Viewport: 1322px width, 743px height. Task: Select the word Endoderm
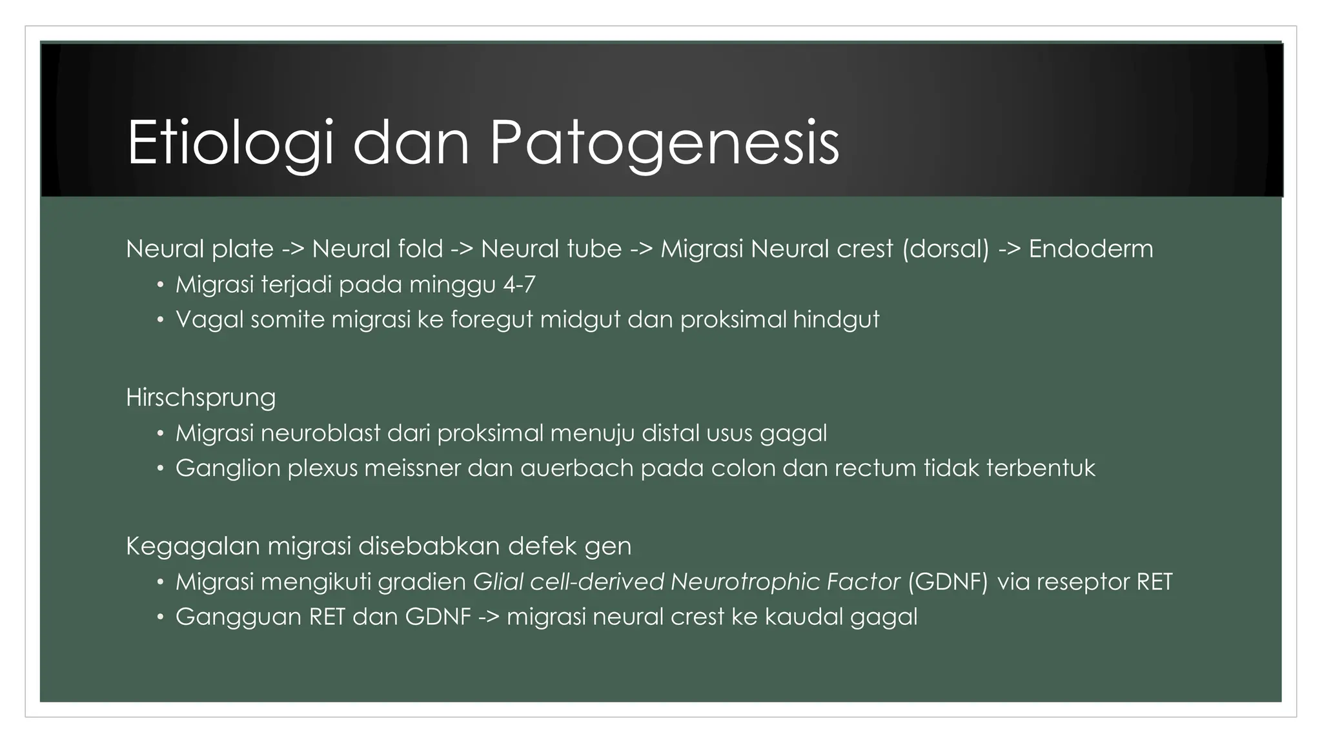pos(1090,249)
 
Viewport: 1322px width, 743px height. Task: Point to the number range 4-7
pos(519,284)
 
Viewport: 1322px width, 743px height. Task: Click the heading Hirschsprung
pos(201,398)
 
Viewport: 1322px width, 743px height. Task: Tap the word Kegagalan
pos(192,546)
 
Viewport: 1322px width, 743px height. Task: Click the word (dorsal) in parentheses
pos(946,249)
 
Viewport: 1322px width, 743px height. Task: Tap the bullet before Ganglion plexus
pos(160,468)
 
